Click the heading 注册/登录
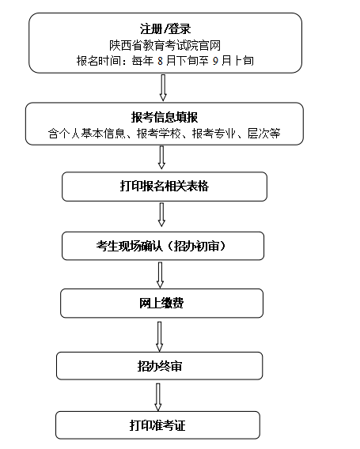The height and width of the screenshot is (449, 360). click(165, 28)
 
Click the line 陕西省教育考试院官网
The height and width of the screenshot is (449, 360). click(165, 45)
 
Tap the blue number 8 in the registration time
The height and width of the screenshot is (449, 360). click(160, 61)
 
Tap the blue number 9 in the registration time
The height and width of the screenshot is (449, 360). click(215, 61)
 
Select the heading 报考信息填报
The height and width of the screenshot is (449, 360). click(165, 118)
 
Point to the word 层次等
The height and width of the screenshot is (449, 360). click(264, 134)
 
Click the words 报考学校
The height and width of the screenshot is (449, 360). click(158, 134)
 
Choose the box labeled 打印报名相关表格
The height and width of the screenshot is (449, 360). click(165, 187)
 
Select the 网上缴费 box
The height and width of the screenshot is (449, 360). click(161, 304)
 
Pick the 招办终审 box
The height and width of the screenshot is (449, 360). click(159, 366)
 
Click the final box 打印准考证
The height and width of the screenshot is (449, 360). click(157, 425)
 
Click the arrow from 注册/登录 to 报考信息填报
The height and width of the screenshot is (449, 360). click(163, 88)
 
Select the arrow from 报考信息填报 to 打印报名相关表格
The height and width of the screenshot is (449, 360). click(161, 157)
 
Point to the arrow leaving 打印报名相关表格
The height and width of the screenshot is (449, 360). click(161, 215)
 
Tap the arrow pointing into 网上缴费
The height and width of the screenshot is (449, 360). click(161, 275)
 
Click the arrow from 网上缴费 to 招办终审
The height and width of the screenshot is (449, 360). click(160, 337)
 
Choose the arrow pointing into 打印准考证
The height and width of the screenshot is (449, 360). click(158, 397)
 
